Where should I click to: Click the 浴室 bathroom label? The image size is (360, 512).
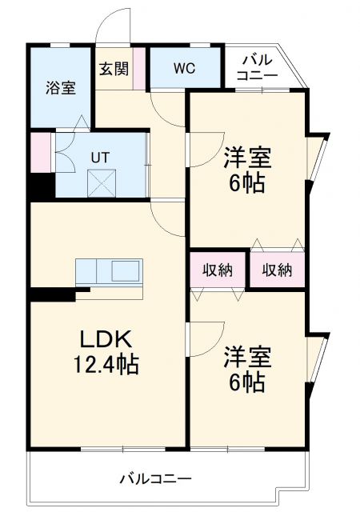pos(60,89)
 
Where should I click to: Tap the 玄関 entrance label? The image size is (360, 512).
pos(114,69)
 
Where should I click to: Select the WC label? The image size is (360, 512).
pos(185,69)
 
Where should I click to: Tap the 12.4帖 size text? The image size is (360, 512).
pos(106,366)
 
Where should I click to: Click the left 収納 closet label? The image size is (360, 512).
pos(217,270)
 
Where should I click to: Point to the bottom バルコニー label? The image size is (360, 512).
pos(156,479)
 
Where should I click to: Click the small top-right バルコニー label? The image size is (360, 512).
pos(258,67)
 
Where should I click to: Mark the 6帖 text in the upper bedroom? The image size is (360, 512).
pos(246,183)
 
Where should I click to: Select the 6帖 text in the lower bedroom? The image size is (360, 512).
pos(246,382)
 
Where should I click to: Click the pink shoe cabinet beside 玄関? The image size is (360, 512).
pos(139,69)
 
